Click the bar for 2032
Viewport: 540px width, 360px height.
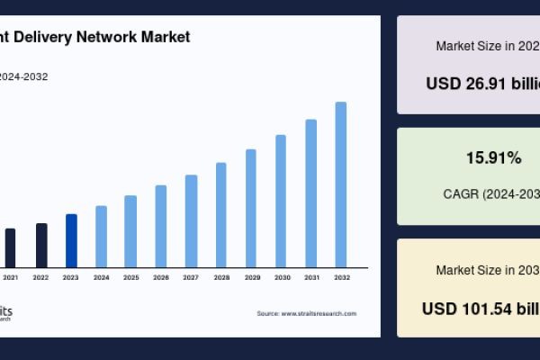pyautogui.click(x=341, y=184)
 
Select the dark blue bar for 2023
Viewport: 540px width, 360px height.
pyautogui.click(x=71, y=240)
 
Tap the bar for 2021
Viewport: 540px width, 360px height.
pyautogui.click(x=11, y=247)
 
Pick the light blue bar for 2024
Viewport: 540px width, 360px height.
pyautogui.click(x=101, y=237)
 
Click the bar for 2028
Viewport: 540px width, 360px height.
pyautogui.click(x=221, y=215)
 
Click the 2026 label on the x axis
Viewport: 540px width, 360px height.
pyautogui.click(x=161, y=277)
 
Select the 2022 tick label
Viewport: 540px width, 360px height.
pyautogui.click(x=40, y=277)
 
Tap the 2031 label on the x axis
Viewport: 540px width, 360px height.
pyautogui.click(x=311, y=277)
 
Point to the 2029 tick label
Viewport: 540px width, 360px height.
pyautogui.click(x=251, y=277)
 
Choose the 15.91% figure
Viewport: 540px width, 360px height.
pyautogui.click(x=493, y=158)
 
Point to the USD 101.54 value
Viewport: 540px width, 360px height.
pyautogui.click(x=481, y=308)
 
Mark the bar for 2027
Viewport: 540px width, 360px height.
pyautogui.click(x=191, y=221)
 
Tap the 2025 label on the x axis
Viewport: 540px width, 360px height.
pyautogui.click(x=130, y=277)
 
